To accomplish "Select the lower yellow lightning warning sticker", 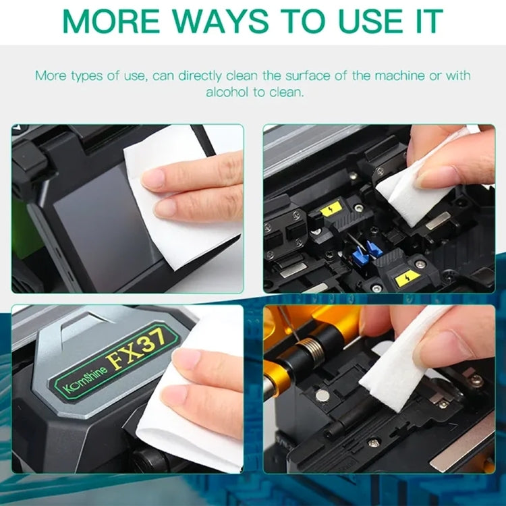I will coord(408,277).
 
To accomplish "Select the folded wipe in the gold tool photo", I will coord(398,364).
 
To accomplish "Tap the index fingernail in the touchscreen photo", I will coord(152,179).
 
